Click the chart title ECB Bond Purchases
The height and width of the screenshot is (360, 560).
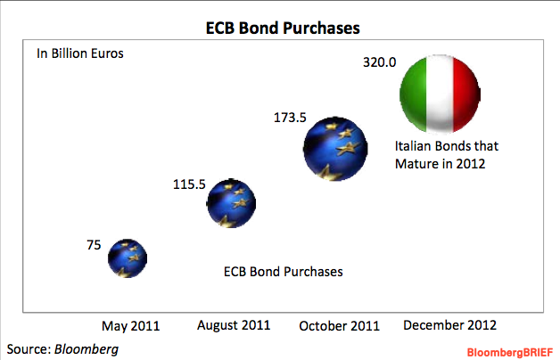pyautogui.click(x=283, y=28)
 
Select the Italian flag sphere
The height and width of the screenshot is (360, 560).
pyautogui.click(x=440, y=94)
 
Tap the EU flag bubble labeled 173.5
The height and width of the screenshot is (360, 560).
pyautogui.click(x=335, y=149)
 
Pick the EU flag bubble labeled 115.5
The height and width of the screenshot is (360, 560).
pyautogui.click(x=232, y=203)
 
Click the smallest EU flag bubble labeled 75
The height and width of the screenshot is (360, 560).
pyautogui.click(x=128, y=258)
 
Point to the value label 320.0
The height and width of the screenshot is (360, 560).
pyautogui.click(x=380, y=62)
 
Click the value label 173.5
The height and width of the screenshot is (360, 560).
pyautogui.click(x=290, y=118)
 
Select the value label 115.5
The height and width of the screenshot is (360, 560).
pyautogui.click(x=189, y=184)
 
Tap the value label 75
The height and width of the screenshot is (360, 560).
pyautogui.click(x=94, y=245)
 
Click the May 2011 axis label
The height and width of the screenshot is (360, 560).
pyautogui.click(x=131, y=326)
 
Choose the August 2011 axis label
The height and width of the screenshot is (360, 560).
pyautogui.click(x=234, y=325)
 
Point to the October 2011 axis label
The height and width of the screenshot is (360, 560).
pyautogui.click(x=339, y=326)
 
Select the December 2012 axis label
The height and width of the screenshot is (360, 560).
pyautogui.click(x=450, y=325)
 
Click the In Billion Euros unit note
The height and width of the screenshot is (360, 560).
pyautogui.click(x=80, y=53)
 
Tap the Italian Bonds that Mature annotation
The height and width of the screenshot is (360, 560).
pyautogui.click(x=447, y=155)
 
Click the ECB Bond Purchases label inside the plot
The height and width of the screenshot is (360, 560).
pyautogui.click(x=284, y=272)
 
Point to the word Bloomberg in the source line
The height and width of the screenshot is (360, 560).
pyautogui.click(x=86, y=349)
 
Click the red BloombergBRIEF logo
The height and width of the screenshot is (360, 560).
pyautogui.click(x=510, y=353)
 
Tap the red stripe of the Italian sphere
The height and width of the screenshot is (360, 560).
pyautogui.click(x=466, y=94)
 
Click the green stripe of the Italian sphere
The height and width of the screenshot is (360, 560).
pyautogui.click(x=414, y=94)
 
